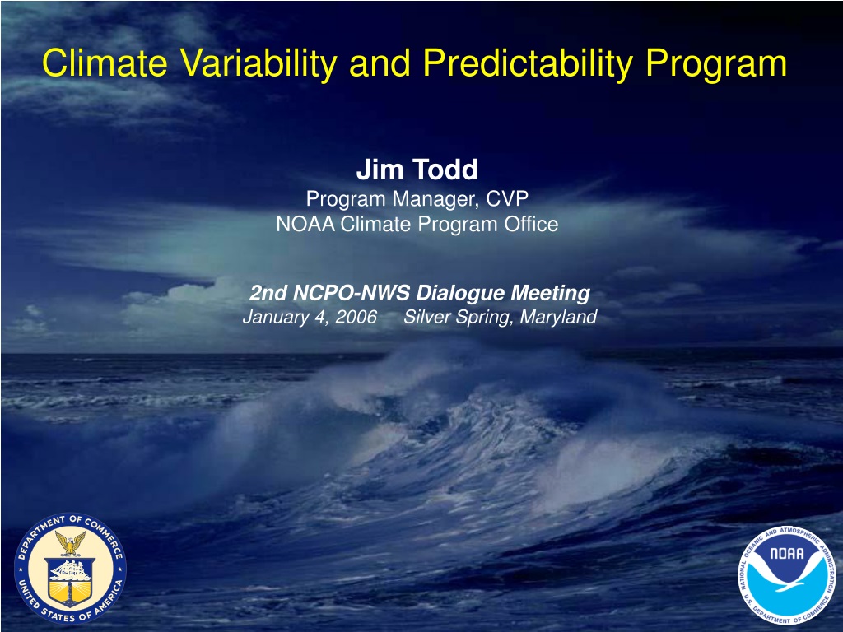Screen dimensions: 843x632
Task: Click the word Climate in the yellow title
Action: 105,63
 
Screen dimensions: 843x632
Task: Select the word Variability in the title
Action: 258,64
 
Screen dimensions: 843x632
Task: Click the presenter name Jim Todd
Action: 417,170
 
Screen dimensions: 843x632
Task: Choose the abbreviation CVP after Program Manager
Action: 507,199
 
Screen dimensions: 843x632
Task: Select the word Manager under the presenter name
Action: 435,200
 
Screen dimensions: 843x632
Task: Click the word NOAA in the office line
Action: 305,224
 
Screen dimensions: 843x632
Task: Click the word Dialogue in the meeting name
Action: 461,294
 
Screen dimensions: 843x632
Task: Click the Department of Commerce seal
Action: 70,569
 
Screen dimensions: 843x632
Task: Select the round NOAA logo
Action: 786,575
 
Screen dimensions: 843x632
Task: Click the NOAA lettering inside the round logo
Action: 786,553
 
